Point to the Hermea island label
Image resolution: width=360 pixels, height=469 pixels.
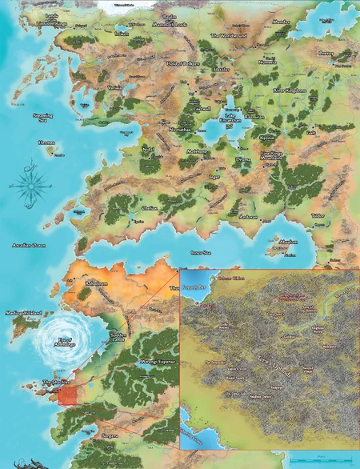(47, 144)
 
